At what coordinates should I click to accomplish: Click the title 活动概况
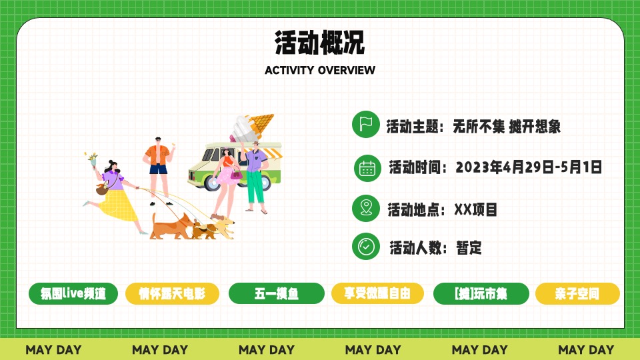[x=320, y=42]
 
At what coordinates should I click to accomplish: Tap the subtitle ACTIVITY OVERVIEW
[x=320, y=70]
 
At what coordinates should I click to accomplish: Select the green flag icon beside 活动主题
[x=365, y=124]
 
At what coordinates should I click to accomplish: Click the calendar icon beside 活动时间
[x=367, y=167]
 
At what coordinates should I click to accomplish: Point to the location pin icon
[x=365, y=208]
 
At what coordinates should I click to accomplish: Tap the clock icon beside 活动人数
[x=365, y=246]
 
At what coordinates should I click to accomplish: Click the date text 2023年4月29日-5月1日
[x=529, y=167]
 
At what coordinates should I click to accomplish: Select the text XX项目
[x=475, y=209]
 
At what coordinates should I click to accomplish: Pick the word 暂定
[x=469, y=248]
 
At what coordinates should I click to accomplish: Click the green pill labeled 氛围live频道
[x=73, y=293]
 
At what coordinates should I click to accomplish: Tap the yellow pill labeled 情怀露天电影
[x=173, y=293]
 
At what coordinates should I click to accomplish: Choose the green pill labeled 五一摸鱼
[x=276, y=293]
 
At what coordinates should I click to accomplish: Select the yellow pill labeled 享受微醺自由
[x=377, y=293]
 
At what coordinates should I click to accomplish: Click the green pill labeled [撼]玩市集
[x=481, y=293]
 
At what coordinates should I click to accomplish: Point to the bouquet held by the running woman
[x=91, y=159]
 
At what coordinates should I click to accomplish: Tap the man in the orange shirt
[x=158, y=163]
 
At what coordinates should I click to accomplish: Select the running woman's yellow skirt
[x=119, y=204]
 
